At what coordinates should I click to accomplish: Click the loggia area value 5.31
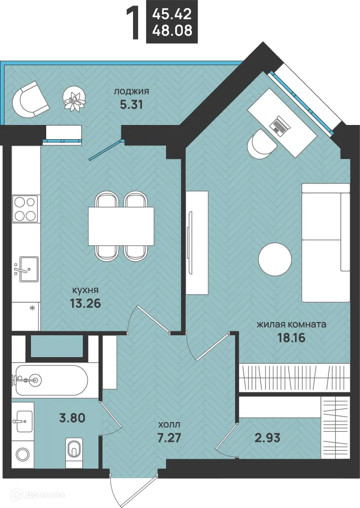[131, 105]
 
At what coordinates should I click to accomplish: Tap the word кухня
[85, 290]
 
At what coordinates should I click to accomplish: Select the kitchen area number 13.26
[85, 303]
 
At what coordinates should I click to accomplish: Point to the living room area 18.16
[291, 338]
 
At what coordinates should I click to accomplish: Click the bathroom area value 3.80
[72, 418]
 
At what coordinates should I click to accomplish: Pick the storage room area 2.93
[267, 438]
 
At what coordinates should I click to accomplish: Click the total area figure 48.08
[172, 30]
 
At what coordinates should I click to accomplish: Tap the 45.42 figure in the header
[172, 14]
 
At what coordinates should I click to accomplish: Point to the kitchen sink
[26, 269]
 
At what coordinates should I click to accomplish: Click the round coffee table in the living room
[275, 260]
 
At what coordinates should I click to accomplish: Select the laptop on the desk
[279, 125]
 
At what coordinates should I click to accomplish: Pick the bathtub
[51, 380]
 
